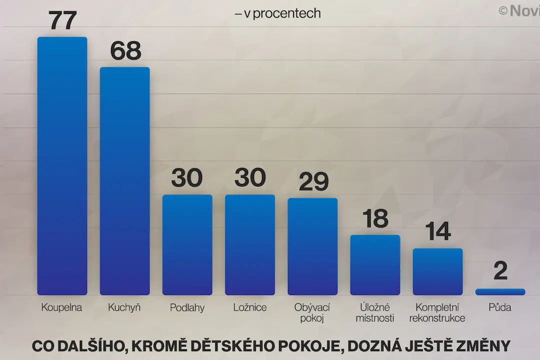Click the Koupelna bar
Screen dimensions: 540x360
tap(62, 165)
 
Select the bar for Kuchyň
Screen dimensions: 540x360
tap(124, 181)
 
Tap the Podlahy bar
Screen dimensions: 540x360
tap(187, 244)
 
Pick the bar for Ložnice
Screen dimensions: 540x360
tap(250, 244)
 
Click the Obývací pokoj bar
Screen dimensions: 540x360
tap(312, 246)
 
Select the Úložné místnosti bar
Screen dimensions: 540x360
tap(375, 265)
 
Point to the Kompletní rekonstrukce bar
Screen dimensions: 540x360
tap(437, 271)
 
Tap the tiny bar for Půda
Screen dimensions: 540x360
tap(500, 292)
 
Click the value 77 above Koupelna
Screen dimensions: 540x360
tap(62, 20)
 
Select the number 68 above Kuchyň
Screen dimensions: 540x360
tap(125, 50)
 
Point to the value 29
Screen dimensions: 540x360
tap(313, 181)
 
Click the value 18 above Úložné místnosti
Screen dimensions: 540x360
tap(375, 218)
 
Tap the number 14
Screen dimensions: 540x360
tap(438, 231)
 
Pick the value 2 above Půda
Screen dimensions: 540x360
tap(500, 271)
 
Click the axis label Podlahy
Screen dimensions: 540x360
tap(187, 307)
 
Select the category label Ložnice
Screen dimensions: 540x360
tap(250, 307)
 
